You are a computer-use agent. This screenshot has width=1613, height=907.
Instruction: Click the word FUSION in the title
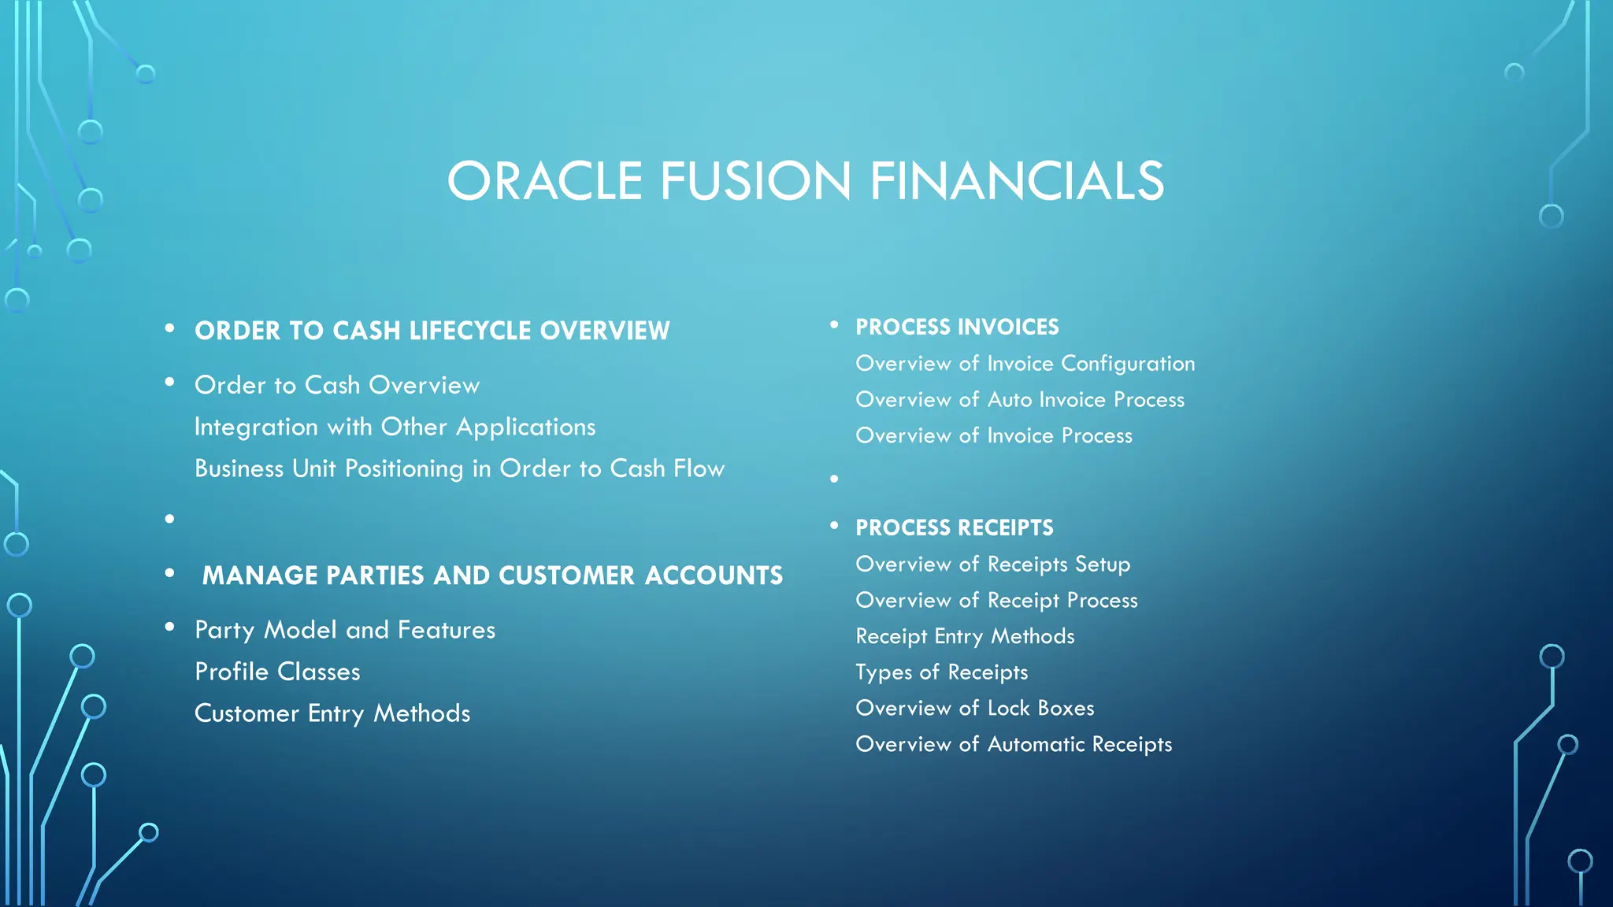(755, 181)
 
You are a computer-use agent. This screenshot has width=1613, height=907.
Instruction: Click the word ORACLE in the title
(545, 181)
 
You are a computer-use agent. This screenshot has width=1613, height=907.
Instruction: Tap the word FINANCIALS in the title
(1017, 181)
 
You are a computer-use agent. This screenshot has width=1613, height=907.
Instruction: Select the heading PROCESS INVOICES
(957, 327)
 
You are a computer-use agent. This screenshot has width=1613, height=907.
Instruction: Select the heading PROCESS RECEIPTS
(954, 528)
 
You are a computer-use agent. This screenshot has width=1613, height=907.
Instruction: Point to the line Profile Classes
(277, 672)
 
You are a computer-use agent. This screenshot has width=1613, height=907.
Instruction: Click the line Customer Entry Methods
(332, 713)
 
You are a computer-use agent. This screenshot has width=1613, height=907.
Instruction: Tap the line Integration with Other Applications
(395, 427)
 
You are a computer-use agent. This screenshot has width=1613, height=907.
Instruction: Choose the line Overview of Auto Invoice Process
(1020, 400)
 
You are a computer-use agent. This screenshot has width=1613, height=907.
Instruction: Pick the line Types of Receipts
(942, 672)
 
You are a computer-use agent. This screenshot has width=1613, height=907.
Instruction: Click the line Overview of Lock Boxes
(975, 709)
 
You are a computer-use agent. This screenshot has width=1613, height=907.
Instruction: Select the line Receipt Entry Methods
(965, 636)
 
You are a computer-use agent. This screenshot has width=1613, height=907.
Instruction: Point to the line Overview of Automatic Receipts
(1014, 744)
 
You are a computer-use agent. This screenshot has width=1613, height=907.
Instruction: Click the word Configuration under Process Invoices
(1128, 364)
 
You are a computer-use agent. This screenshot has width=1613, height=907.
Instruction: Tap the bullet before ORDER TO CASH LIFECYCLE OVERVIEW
(169, 328)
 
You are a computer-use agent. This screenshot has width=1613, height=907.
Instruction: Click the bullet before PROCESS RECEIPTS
(834, 525)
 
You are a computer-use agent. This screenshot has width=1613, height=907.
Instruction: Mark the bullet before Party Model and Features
(169, 627)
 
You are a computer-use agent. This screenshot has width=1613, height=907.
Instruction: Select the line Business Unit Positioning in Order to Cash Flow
(459, 468)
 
